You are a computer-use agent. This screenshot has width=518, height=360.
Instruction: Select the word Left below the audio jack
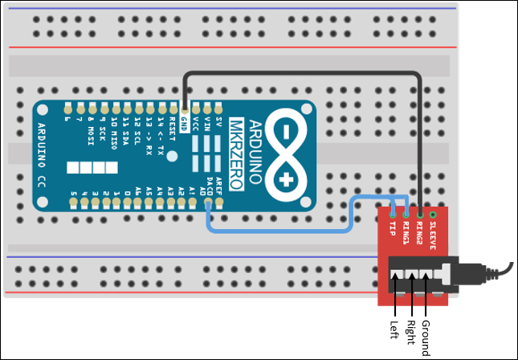pos(394,329)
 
